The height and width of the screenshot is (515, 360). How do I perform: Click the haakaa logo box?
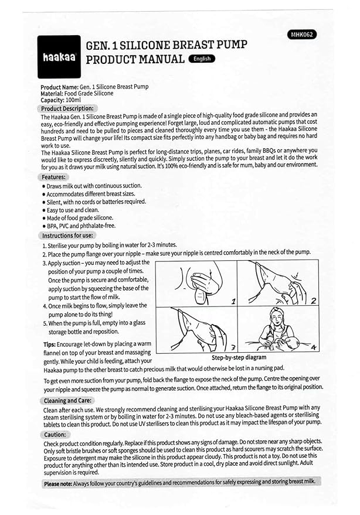click(59, 57)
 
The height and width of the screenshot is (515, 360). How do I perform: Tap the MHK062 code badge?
click(302, 35)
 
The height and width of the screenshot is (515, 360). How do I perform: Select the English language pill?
click(202, 59)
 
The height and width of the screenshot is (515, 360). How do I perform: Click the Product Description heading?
click(67, 108)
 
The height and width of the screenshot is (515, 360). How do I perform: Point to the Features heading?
click(54, 176)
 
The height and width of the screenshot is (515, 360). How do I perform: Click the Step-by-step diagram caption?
click(239, 357)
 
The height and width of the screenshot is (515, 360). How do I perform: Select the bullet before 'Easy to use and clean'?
click(43, 210)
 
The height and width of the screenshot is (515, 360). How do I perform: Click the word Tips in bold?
click(50, 344)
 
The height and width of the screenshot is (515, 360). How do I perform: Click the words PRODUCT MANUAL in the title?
click(135, 59)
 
